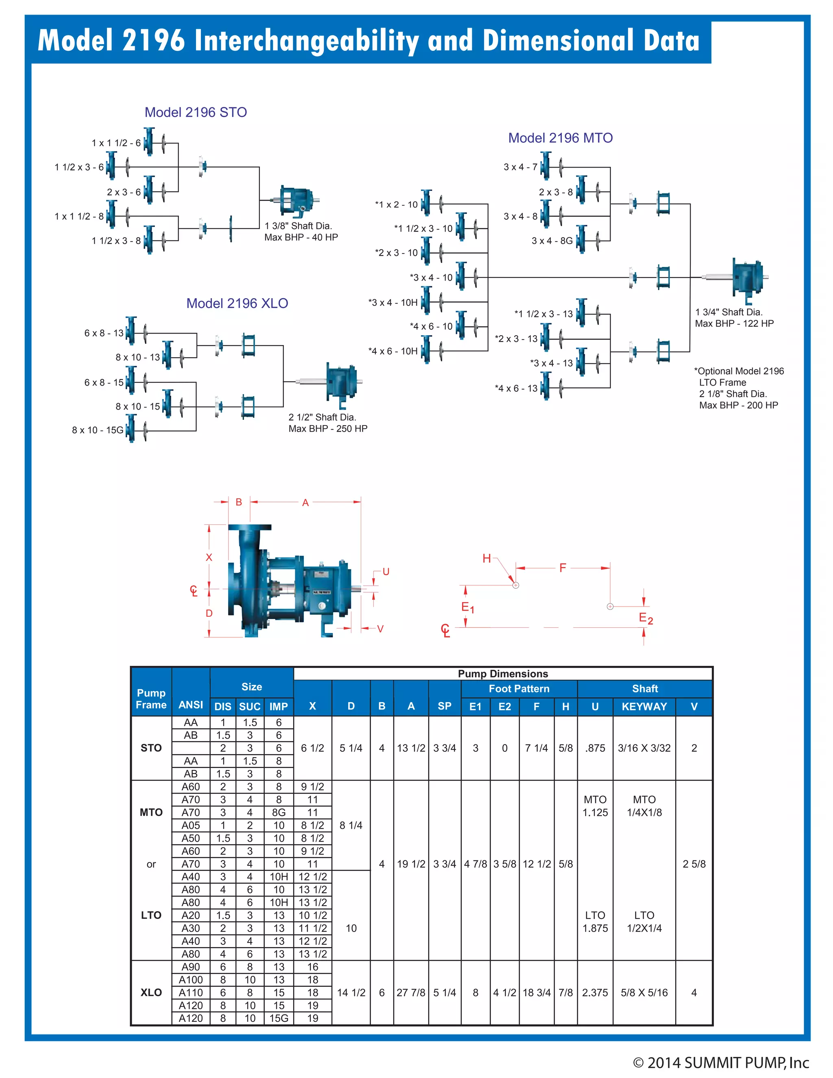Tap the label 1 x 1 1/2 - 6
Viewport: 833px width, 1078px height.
coord(116,143)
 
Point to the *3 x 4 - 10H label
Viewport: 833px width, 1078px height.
coord(393,303)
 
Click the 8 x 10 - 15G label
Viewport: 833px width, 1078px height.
coord(97,430)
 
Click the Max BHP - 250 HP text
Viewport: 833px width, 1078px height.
coord(328,428)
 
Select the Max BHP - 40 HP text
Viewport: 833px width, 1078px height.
coord(301,238)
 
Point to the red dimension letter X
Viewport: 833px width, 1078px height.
coord(209,557)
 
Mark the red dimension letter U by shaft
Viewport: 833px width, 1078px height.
coord(386,572)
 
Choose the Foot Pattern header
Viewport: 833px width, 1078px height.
coord(519,689)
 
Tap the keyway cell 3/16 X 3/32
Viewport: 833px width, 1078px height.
coord(644,748)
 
